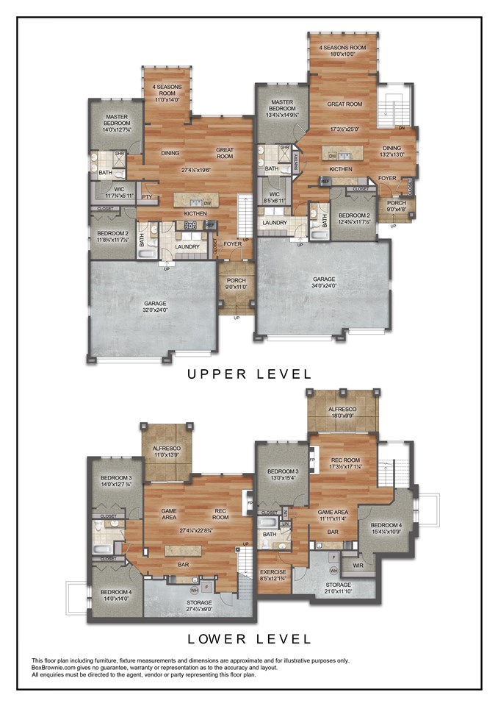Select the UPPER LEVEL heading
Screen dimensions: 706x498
pos(249,374)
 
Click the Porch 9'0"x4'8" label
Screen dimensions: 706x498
pos(395,207)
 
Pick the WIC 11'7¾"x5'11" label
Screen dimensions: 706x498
pos(114,193)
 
